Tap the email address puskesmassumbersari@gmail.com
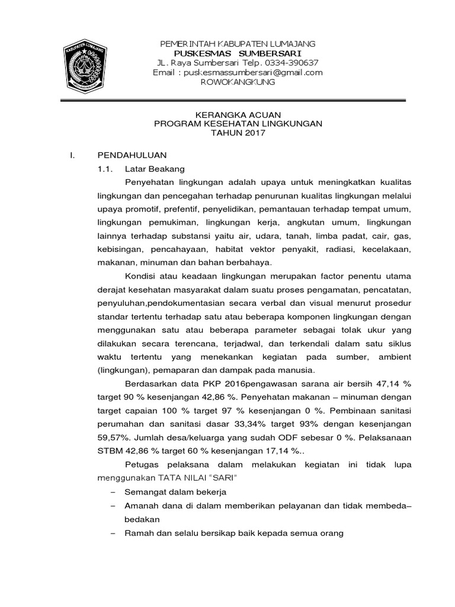tap(253, 72)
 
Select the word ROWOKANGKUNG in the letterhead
tap(238, 82)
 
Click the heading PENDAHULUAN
tap(132, 155)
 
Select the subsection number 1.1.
tap(104, 169)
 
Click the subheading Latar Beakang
tap(152, 169)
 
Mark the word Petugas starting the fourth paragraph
tap(142, 465)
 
